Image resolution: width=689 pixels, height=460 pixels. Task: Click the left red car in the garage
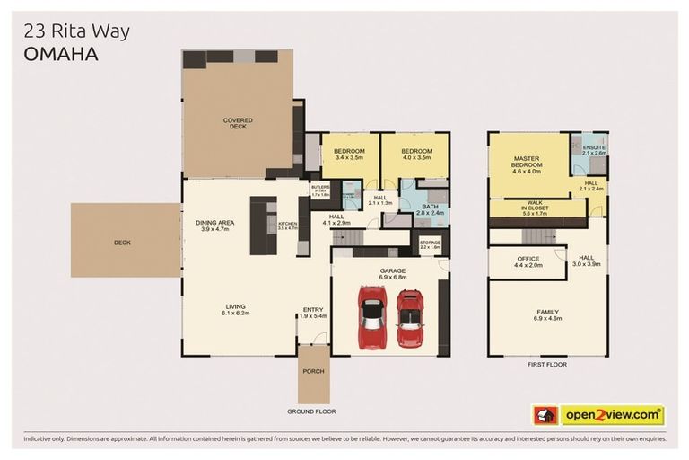[372, 317]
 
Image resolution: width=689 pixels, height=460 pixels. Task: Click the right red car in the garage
[410, 319]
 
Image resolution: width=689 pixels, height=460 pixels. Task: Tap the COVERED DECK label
[238, 124]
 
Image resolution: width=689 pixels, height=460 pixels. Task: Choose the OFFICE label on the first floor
[528, 261]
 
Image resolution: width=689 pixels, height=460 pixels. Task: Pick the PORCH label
[313, 370]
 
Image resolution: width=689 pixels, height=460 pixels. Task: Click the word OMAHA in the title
[60, 54]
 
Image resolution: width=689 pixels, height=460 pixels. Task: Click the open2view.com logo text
[612, 415]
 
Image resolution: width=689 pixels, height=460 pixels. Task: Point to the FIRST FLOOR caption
[546, 365]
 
